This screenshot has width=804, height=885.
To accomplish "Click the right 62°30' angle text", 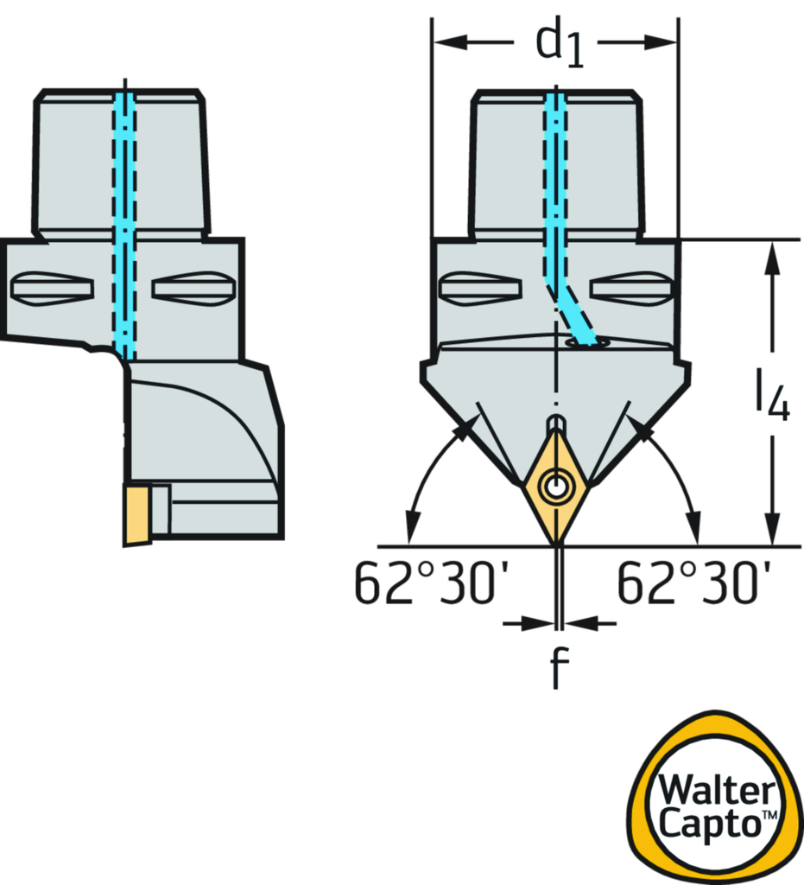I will click(691, 584).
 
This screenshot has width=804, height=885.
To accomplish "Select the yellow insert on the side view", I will click(136, 515).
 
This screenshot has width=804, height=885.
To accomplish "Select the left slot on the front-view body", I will click(480, 288).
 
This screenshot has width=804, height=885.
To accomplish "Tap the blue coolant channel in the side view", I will click(124, 225).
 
